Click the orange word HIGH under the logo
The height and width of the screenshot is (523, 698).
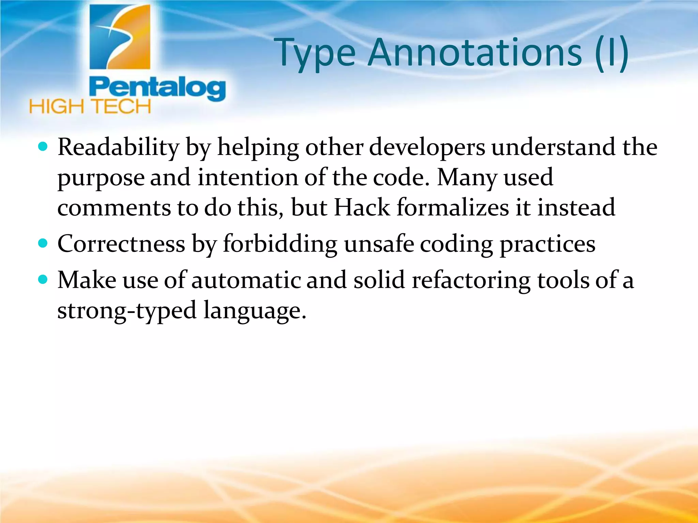click(57, 107)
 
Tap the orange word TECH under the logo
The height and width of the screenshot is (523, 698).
click(122, 107)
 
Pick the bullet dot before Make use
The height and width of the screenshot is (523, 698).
click(43, 280)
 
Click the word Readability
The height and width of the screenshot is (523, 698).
click(118, 148)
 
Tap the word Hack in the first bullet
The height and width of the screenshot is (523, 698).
click(362, 207)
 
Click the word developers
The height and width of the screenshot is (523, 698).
click(427, 148)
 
